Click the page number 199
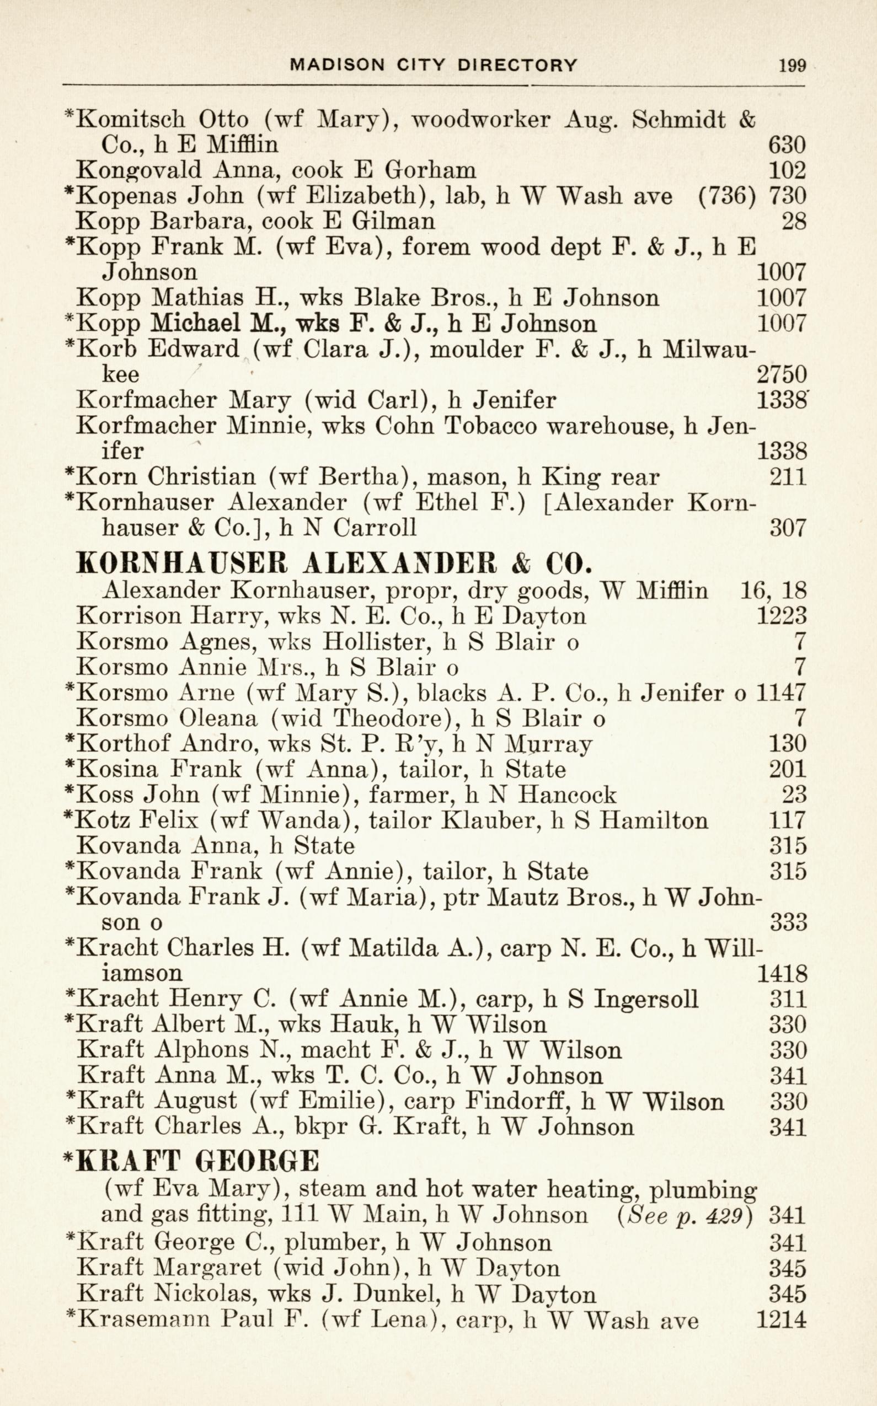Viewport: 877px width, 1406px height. click(x=792, y=65)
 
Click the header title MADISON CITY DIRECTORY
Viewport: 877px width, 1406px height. click(x=434, y=65)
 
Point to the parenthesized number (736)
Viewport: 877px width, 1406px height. click(x=728, y=196)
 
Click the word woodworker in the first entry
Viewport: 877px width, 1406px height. click(x=480, y=120)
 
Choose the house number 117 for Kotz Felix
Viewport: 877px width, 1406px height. click(x=787, y=820)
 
